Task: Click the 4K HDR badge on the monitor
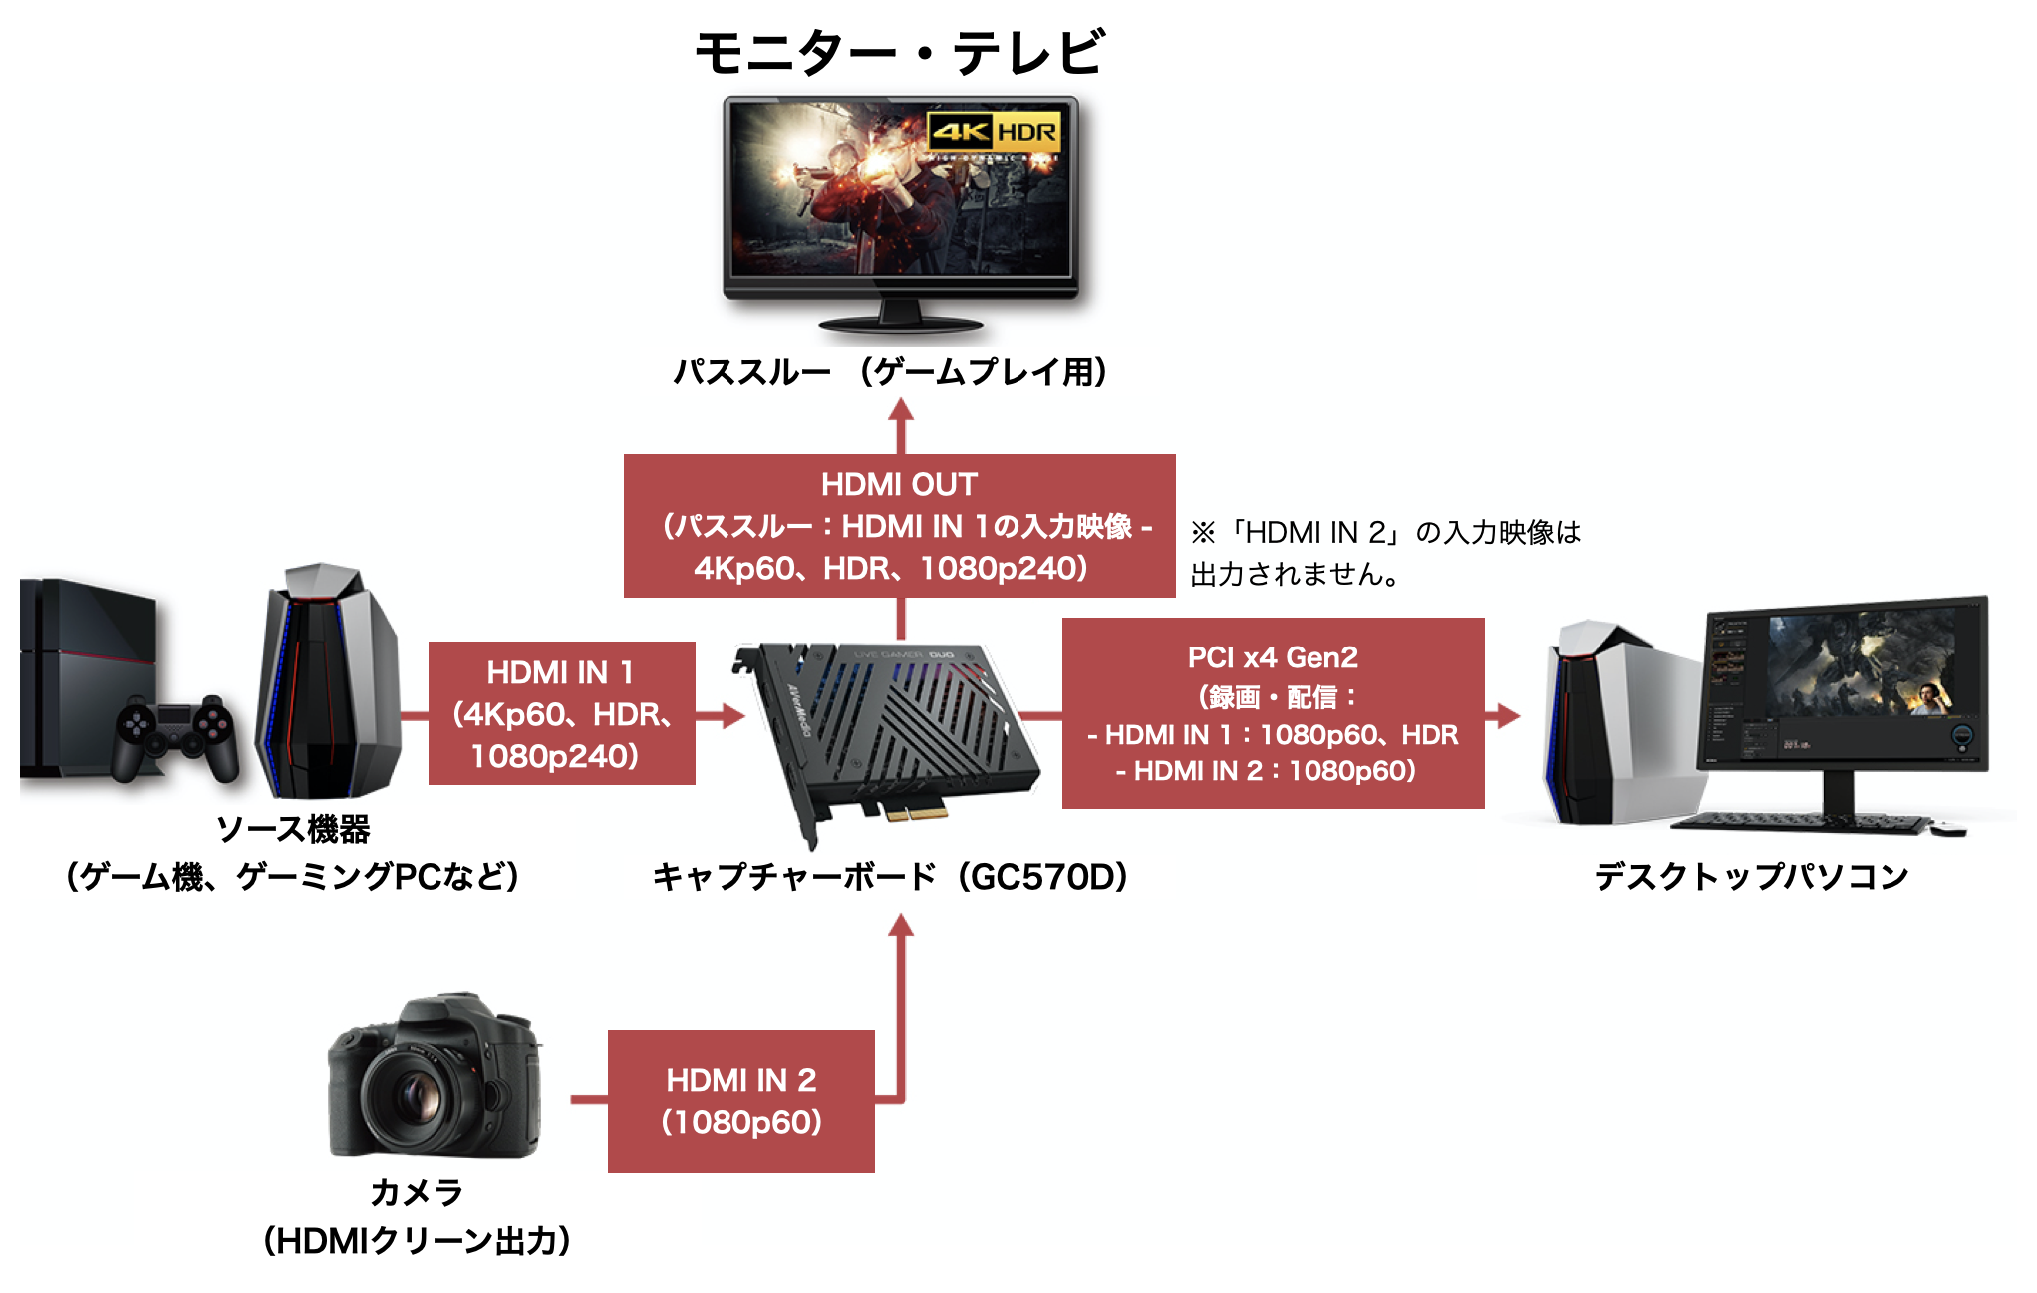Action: pos(994,131)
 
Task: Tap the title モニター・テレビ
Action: pos(899,52)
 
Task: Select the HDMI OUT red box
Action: pos(899,526)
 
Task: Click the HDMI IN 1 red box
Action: pos(561,713)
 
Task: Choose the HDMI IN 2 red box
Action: pos(740,1101)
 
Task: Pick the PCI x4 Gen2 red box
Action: pos(1273,713)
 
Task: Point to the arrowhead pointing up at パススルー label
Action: pos(901,411)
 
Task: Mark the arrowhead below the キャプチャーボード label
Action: pos(901,927)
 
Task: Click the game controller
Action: pos(175,737)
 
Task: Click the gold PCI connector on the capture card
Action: pos(915,811)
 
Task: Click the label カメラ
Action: pos(417,1192)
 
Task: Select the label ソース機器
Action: pos(293,829)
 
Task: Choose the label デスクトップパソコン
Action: pos(1751,877)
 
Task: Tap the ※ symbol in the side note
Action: pos(1203,533)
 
